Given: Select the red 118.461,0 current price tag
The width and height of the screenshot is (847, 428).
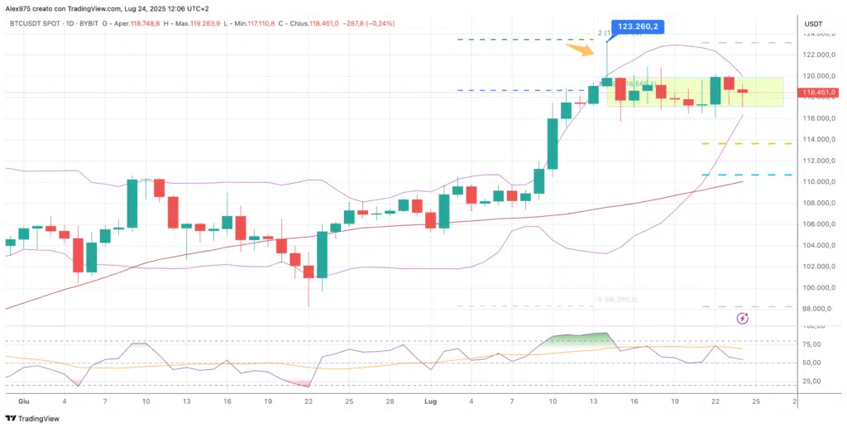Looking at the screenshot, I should click(819, 92).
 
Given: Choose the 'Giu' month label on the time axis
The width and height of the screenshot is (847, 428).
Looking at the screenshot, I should click(23, 401).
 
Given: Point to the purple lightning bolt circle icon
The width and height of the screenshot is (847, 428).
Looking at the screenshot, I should click(742, 318).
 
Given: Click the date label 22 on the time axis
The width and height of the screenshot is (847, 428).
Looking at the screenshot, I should click(308, 401).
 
